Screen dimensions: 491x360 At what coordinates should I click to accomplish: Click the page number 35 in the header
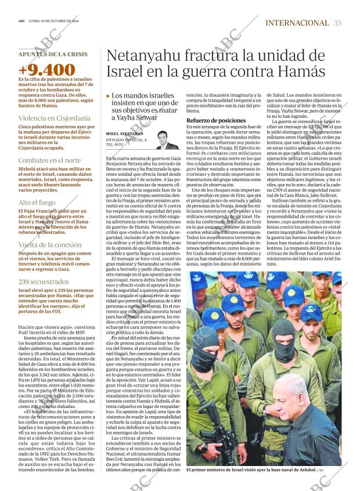[x=338, y=23]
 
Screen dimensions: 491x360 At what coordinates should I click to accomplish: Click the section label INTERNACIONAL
[x=297, y=23]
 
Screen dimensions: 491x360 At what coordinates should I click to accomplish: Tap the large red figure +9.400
[x=47, y=70]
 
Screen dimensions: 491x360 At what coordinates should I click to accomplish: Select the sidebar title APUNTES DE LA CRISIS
[x=53, y=54]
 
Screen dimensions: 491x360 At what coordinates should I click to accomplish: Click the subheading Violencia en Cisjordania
[x=52, y=117]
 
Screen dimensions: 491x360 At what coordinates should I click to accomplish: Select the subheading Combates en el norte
[x=49, y=160]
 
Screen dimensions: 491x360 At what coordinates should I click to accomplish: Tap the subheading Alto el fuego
[x=38, y=203]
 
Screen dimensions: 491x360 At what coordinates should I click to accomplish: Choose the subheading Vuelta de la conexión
[x=51, y=245]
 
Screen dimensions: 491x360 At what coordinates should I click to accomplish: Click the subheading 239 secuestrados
[x=44, y=281]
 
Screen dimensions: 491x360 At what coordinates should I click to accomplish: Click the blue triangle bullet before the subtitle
[x=108, y=96]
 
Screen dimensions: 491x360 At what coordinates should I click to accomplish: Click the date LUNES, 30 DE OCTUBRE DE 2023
[x=58, y=22]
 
